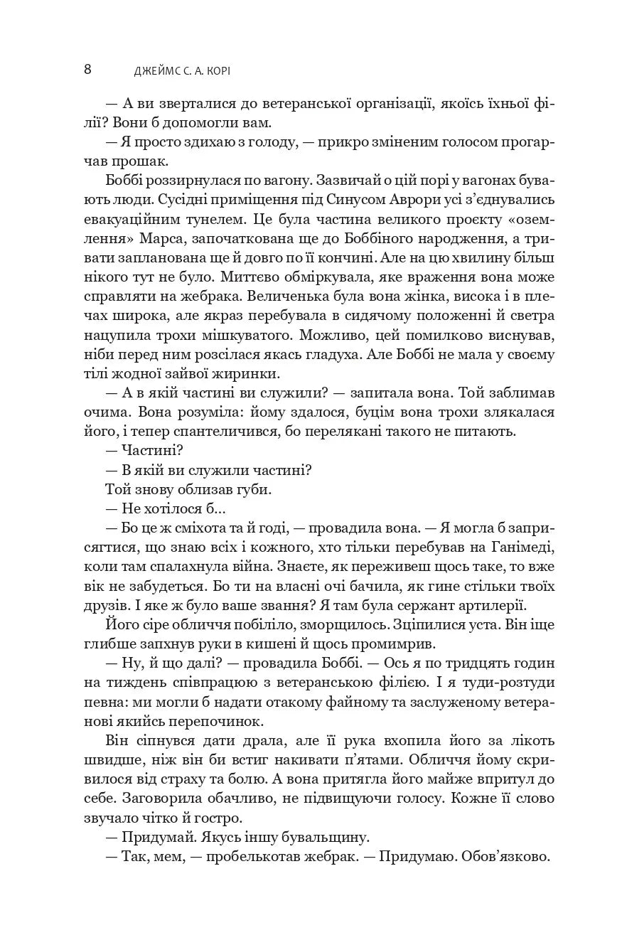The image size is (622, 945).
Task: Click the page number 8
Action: pos(87,69)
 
